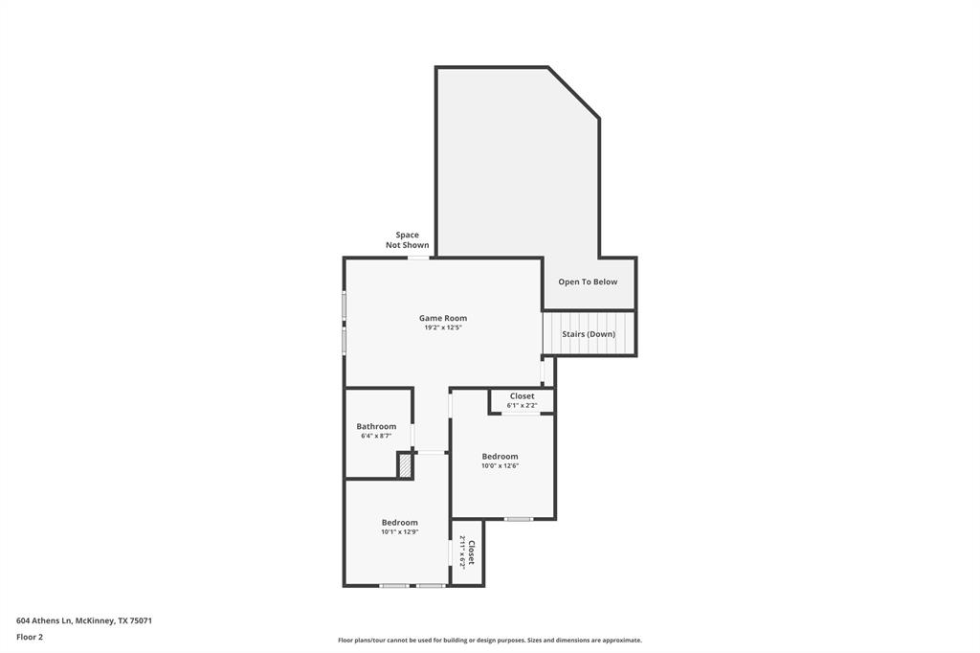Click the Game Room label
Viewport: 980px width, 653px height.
tap(442, 318)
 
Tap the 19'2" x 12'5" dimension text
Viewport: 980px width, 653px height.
tap(442, 327)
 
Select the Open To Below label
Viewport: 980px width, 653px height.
tap(588, 282)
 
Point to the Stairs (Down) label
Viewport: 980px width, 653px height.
tap(589, 334)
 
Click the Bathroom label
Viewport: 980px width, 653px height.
tap(376, 426)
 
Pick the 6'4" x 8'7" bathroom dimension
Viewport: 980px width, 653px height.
tap(376, 436)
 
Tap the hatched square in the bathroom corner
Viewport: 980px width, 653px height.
tap(406, 465)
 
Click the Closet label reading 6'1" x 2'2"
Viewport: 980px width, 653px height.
tap(522, 395)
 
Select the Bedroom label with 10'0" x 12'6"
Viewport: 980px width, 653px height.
tap(500, 457)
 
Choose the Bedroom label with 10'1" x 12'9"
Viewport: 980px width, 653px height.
tap(399, 522)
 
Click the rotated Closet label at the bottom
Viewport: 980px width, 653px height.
tap(471, 552)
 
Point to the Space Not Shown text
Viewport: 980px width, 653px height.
tap(408, 240)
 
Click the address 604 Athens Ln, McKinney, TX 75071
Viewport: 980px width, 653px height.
tap(84, 620)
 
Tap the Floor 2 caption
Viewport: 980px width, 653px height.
tap(30, 637)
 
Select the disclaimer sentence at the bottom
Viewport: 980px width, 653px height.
tap(489, 641)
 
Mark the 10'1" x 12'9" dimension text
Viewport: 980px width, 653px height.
tap(399, 532)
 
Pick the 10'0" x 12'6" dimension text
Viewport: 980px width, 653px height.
tap(500, 466)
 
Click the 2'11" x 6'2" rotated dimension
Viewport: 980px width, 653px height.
tap(461, 552)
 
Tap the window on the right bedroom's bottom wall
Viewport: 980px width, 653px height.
tap(519, 519)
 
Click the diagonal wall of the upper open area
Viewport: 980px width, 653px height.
tap(573, 92)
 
